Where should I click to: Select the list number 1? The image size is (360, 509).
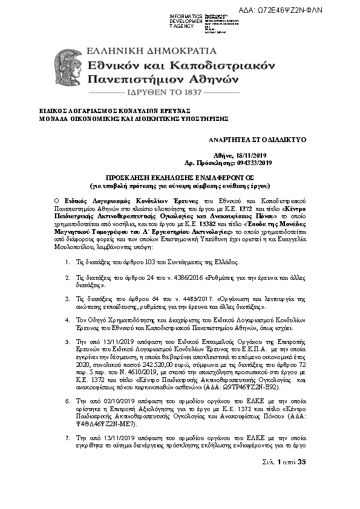(x=67, y=263)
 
